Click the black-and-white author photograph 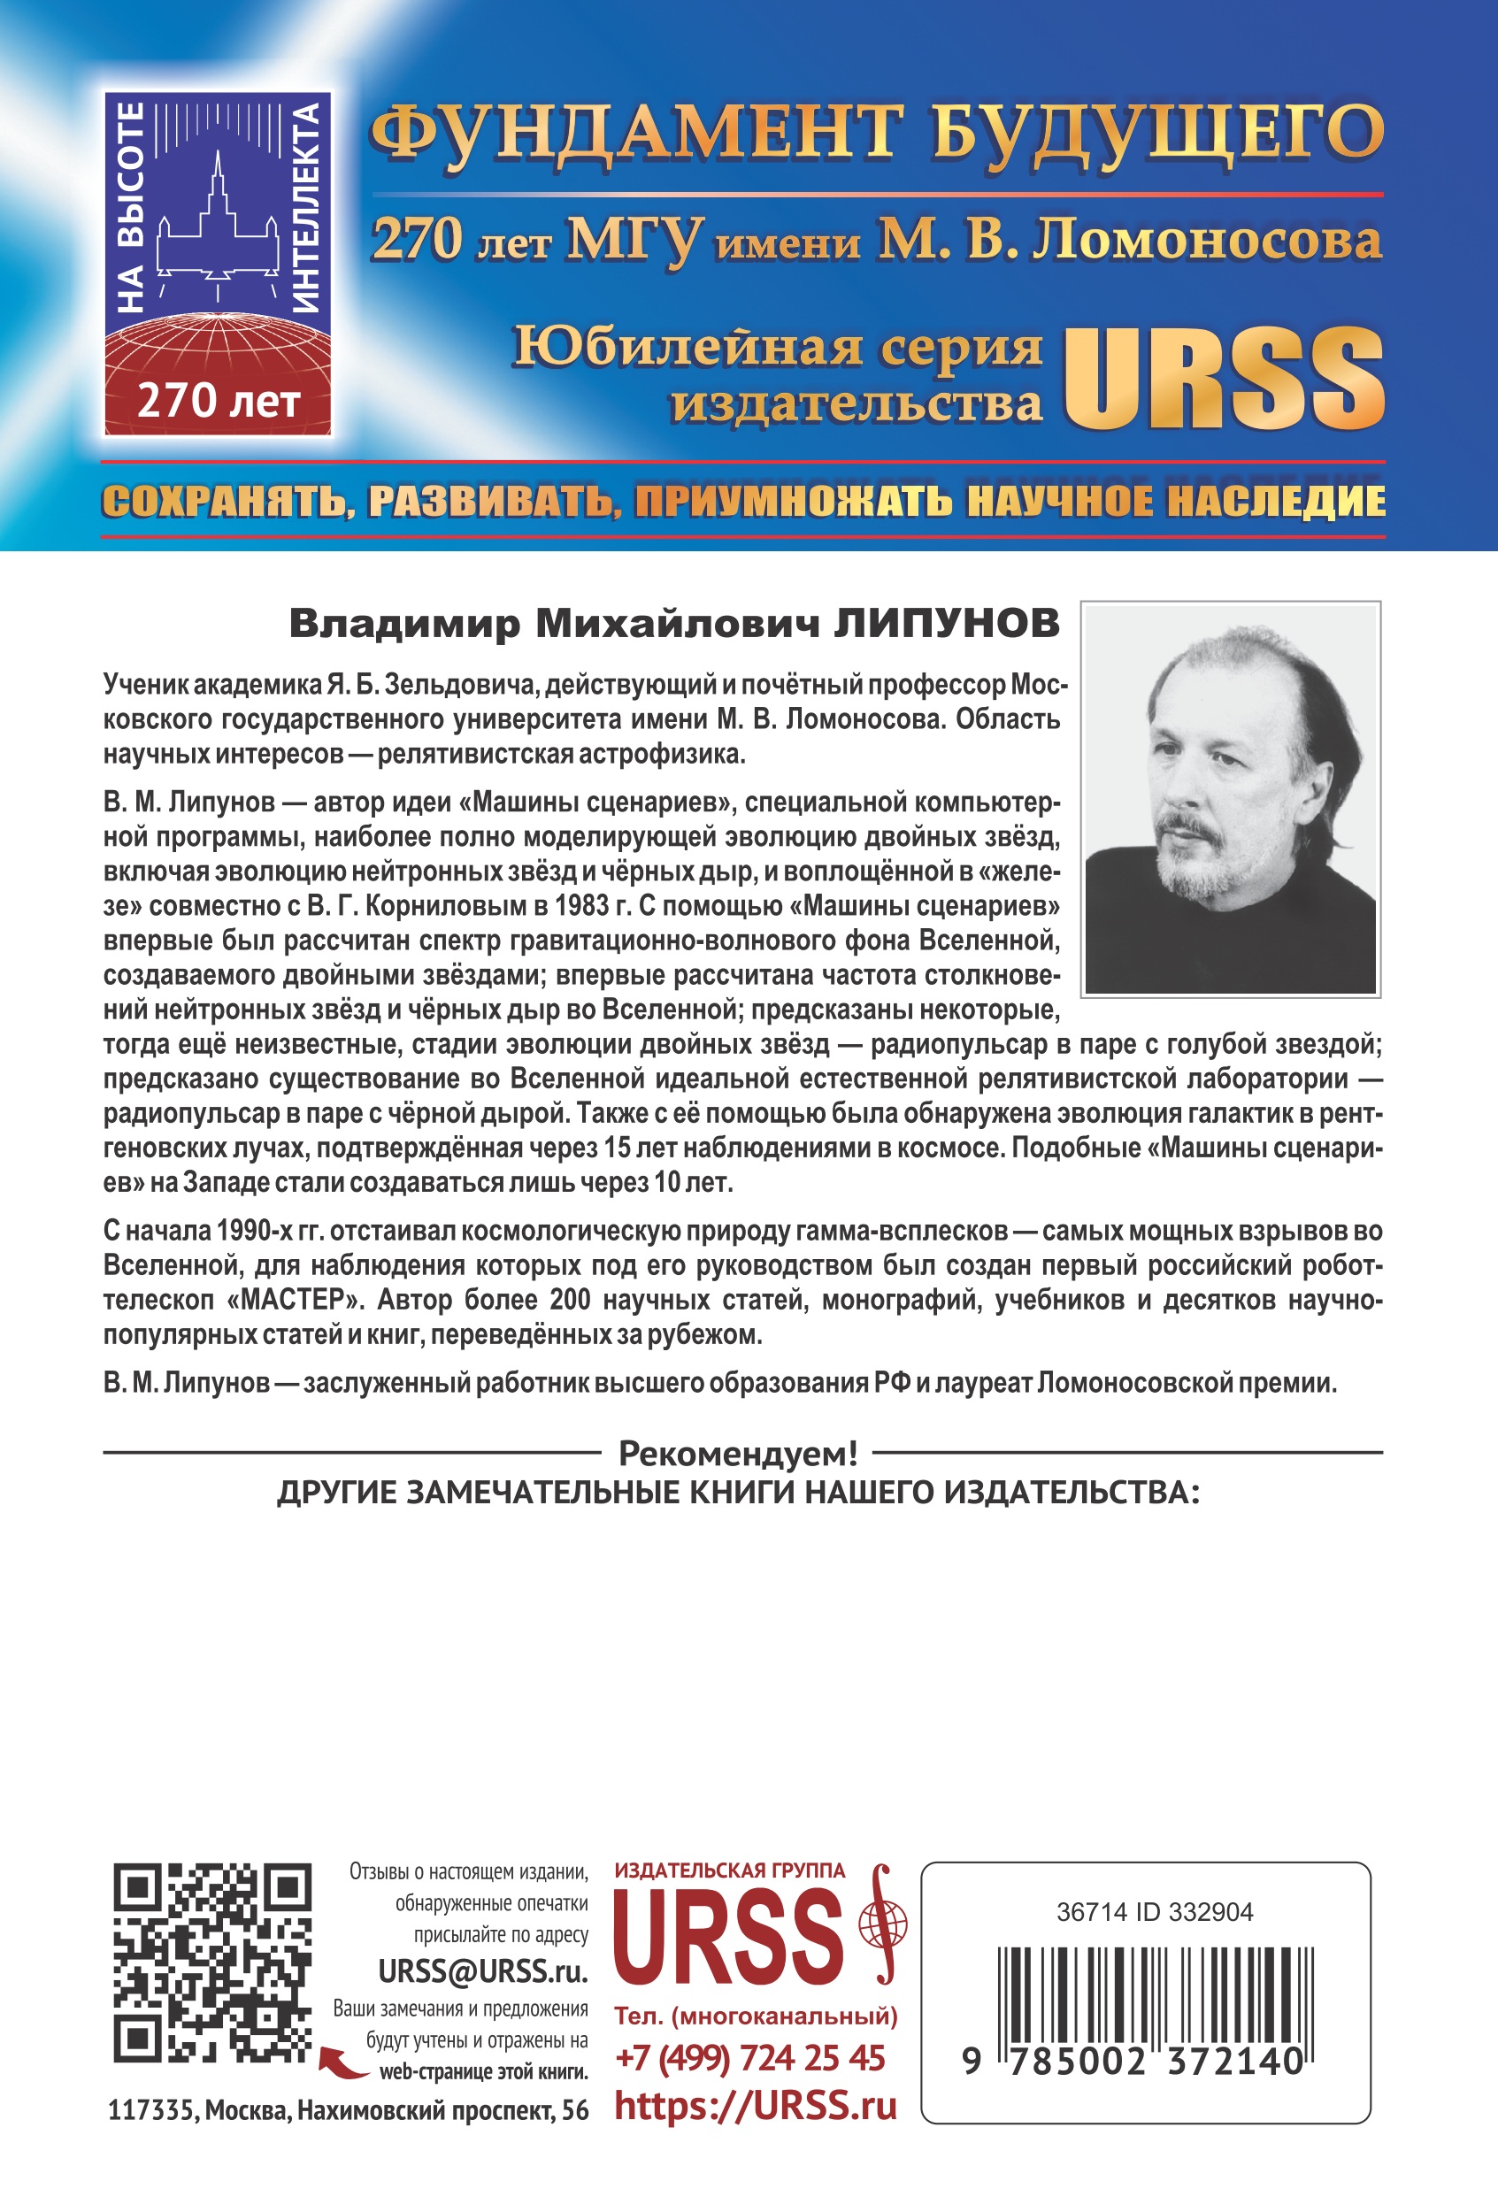1231,799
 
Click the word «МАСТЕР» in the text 296,1301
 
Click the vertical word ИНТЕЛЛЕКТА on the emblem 307,207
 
